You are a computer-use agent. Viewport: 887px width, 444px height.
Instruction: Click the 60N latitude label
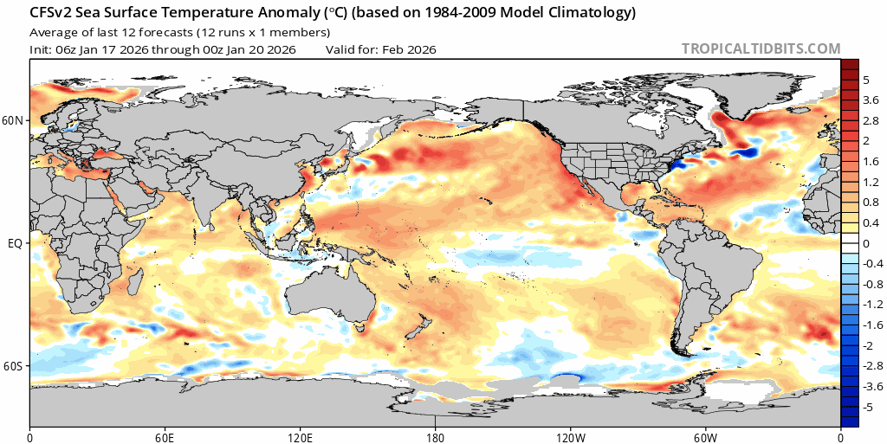13,120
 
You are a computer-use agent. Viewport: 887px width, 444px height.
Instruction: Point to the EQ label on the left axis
15,244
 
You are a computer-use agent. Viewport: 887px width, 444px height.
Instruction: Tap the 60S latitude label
13,367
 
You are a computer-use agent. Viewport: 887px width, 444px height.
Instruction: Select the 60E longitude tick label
165,435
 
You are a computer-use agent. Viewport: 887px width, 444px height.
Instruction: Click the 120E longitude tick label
300,435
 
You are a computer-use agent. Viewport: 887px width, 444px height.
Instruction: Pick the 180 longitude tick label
435,435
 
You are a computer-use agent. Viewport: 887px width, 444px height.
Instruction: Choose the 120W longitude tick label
570,435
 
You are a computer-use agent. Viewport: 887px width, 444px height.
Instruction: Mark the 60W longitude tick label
705,435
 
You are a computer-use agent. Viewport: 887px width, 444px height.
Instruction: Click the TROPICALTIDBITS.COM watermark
761,49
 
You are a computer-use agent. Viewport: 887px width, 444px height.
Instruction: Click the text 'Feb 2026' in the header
410,49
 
